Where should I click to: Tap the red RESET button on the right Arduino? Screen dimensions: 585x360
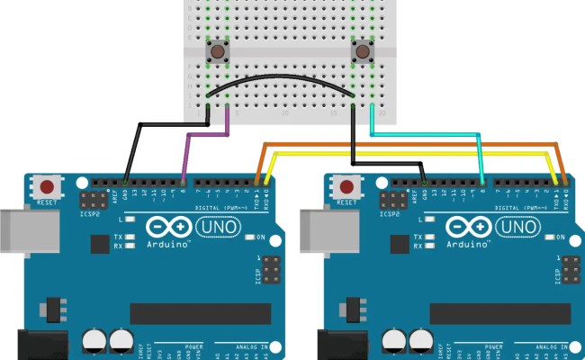(x=347, y=187)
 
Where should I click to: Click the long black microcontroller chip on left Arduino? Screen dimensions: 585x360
(x=200, y=313)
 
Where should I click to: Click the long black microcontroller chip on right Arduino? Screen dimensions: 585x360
(x=499, y=313)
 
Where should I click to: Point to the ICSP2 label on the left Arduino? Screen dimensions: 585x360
(x=91, y=214)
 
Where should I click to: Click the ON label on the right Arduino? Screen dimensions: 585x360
(x=559, y=238)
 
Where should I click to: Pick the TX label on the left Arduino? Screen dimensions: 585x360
(x=118, y=238)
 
